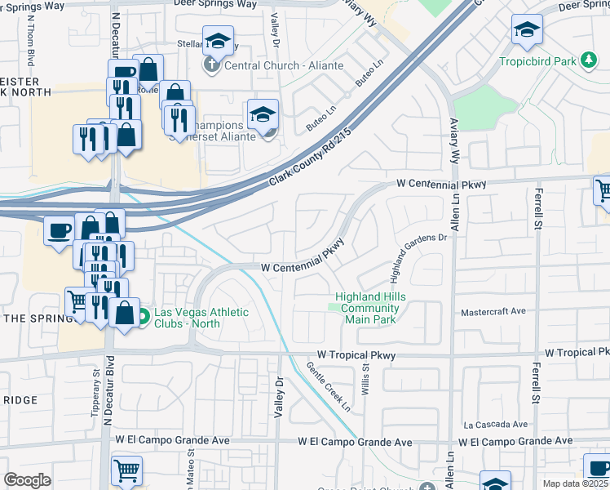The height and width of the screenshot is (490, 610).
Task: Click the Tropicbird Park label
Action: click(x=534, y=61)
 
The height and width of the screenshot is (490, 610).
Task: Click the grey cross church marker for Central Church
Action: click(x=211, y=65)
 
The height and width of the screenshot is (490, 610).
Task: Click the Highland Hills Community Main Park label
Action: click(x=370, y=308)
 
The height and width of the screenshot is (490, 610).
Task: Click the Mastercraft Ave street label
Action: click(x=493, y=312)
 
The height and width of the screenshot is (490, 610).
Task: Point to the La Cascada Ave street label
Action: click(x=496, y=425)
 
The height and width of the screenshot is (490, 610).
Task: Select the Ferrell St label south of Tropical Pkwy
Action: click(x=537, y=385)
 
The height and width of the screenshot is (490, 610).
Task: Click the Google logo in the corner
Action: click(x=27, y=480)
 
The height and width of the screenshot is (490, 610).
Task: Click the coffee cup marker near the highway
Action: click(x=60, y=232)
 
